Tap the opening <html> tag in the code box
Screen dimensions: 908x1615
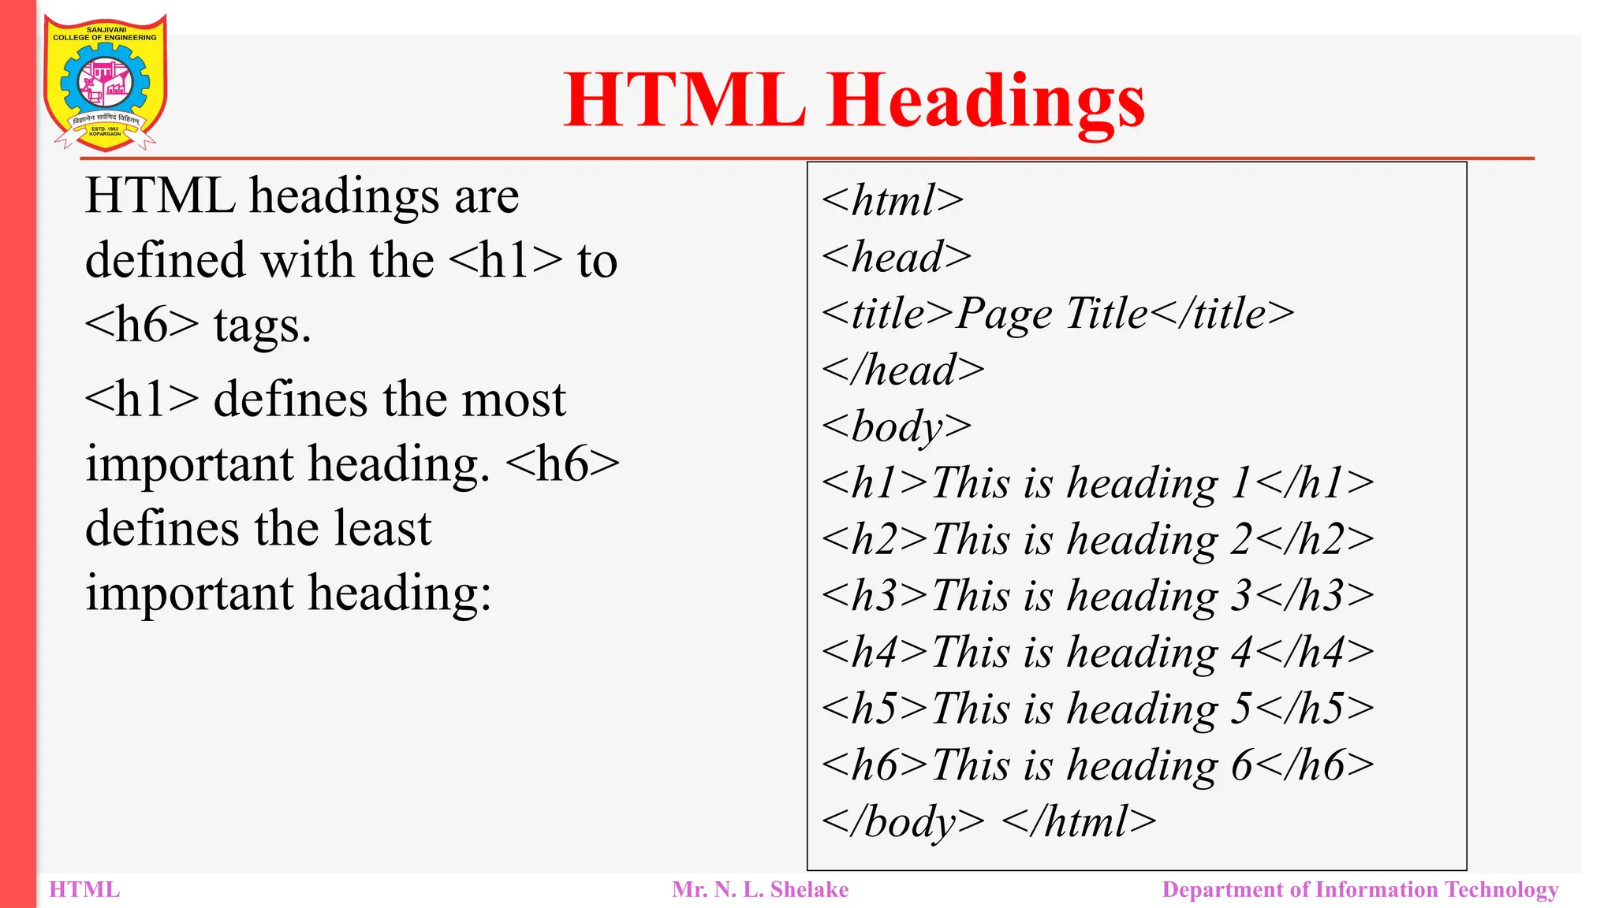click(x=892, y=200)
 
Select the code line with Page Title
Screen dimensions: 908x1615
click(x=1057, y=314)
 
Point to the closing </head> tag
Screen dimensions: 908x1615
click(x=903, y=370)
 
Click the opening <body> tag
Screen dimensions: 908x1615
click(x=896, y=426)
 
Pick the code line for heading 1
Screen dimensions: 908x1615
click(x=1097, y=482)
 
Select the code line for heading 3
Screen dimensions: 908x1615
click(x=1097, y=595)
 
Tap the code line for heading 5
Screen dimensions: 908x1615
click(x=1097, y=708)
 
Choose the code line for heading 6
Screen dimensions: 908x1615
click(x=1097, y=765)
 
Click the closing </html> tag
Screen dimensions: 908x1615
click(x=1079, y=821)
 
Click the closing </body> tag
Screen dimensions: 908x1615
click(x=903, y=821)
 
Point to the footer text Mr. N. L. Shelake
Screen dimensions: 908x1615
click(x=760, y=890)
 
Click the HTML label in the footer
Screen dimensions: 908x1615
click(x=84, y=890)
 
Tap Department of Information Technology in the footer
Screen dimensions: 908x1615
click(x=1360, y=890)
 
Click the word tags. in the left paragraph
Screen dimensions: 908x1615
click(x=263, y=326)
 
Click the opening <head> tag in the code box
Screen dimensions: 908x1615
click(x=896, y=257)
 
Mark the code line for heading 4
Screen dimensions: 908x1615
click(x=1097, y=652)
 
